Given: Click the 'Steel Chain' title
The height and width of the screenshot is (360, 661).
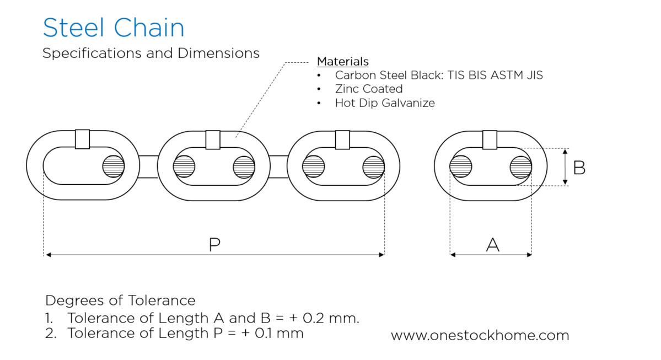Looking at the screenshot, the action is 113,28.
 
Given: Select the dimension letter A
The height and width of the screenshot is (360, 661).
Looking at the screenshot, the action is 492,245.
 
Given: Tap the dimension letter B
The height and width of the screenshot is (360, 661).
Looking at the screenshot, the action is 579,168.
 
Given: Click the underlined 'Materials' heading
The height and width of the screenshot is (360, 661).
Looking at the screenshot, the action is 342,61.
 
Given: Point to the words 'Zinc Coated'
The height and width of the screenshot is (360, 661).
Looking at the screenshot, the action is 368,89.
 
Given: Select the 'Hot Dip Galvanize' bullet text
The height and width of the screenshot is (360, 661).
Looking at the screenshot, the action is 384,103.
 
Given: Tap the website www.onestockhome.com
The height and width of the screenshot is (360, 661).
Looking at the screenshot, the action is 480,335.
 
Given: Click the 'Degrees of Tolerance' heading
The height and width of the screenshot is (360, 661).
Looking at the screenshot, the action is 120,300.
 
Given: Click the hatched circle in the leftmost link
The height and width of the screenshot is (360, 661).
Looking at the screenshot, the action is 114,166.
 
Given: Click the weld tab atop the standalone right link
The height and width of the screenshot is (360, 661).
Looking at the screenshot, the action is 490,139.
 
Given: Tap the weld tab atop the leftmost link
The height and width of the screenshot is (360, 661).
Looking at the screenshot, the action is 82,139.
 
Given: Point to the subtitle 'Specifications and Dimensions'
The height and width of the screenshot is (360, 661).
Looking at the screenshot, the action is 151,53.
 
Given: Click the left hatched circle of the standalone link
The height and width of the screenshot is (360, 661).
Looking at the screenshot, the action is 461,166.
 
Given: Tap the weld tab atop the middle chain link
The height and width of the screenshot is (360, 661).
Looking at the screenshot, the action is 213,139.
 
